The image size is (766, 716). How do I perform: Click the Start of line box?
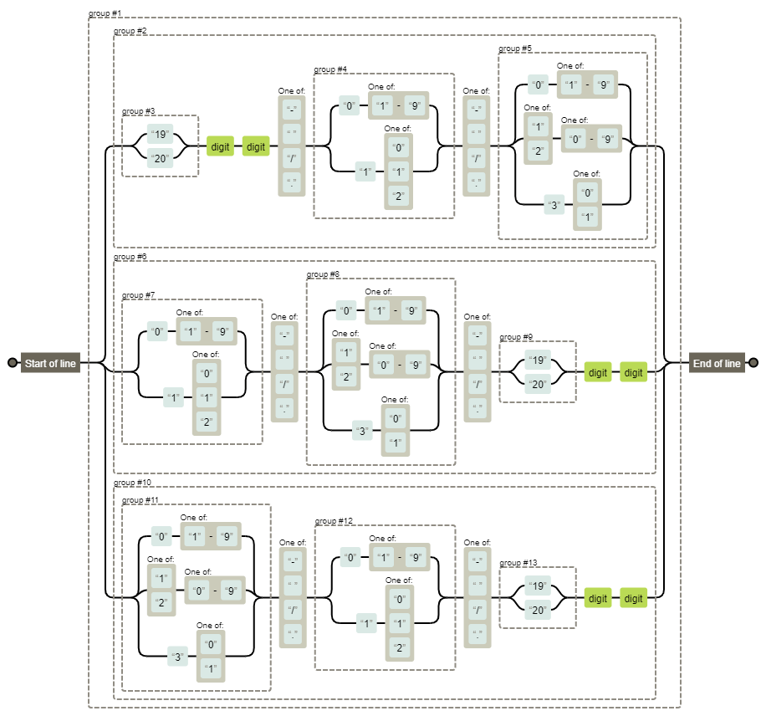[50, 363]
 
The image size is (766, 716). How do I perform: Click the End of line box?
[717, 363]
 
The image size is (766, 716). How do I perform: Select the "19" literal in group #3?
[160, 135]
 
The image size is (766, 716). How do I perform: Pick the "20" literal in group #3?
[160, 157]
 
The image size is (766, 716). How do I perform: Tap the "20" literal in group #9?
[537, 384]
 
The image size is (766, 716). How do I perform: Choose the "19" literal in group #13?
[537, 586]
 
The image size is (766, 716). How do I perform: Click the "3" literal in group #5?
[554, 204]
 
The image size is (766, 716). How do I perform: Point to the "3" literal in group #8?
[362, 432]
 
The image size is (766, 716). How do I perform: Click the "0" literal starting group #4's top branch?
[348, 106]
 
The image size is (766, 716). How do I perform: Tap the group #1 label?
[105, 14]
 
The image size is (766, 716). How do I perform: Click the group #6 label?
[130, 257]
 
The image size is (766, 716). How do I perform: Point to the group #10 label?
[132, 483]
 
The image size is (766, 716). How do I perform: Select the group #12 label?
[334, 521]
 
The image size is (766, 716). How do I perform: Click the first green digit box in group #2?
[220, 146]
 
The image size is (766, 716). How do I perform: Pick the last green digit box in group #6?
[634, 372]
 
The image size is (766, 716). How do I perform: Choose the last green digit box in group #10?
[634, 598]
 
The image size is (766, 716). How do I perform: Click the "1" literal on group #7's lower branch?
[174, 398]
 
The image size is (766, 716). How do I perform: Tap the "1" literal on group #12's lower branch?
[366, 623]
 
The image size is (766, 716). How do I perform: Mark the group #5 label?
[515, 49]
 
